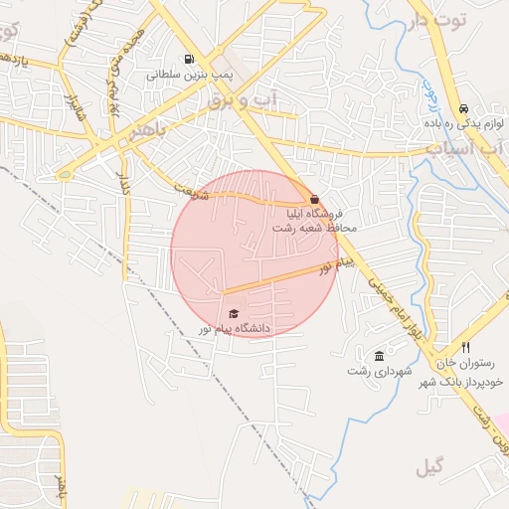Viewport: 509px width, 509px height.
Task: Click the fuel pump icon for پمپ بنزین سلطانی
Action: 189,59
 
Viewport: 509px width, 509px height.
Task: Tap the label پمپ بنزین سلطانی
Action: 189,75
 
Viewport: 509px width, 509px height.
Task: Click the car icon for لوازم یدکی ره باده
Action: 463,109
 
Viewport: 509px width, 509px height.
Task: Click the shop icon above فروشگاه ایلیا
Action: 314,199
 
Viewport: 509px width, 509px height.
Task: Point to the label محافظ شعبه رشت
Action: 316,229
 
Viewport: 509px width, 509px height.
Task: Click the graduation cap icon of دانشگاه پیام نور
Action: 234,314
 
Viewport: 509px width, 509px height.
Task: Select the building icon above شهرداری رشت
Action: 379,356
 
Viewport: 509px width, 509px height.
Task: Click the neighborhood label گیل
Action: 431,464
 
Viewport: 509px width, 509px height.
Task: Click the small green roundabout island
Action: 66,175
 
